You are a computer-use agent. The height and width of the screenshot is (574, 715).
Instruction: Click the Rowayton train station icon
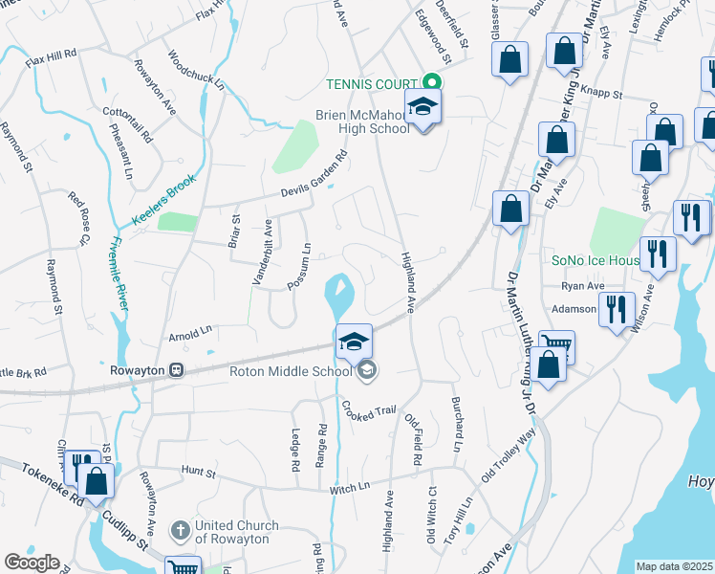click(176, 370)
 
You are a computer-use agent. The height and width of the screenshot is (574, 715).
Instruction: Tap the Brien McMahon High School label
click(363, 122)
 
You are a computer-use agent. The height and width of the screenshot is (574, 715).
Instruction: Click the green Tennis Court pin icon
click(431, 83)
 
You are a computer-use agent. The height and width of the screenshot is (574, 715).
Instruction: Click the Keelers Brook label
click(163, 196)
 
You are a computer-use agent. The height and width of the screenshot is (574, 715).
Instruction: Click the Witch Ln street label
click(349, 488)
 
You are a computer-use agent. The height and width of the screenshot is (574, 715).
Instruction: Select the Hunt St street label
click(199, 473)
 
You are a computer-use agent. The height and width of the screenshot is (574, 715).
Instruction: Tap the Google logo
click(32, 563)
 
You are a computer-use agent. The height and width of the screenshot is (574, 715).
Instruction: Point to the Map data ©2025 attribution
click(674, 566)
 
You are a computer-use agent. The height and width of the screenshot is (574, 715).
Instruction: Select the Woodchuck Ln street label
click(195, 70)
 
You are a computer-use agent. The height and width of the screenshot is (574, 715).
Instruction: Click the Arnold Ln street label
click(190, 335)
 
